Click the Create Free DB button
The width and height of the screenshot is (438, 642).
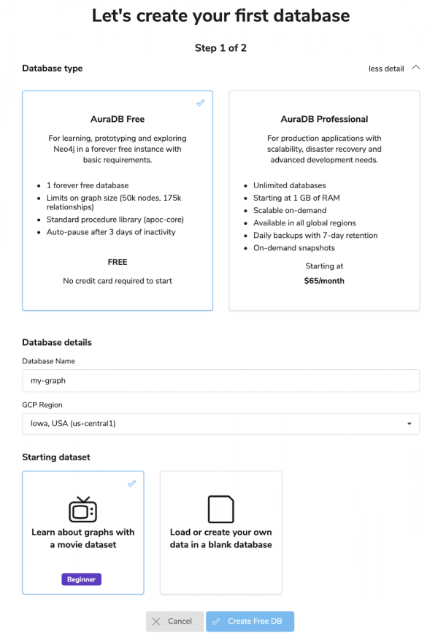click(250, 622)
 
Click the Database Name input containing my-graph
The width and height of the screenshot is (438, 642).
click(220, 380)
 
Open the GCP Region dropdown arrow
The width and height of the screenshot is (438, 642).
click(409, 424)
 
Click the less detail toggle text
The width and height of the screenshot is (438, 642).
click(385, 69)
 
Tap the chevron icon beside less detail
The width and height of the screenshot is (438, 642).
click(416, 68)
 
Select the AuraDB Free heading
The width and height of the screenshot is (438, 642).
click(118, 119)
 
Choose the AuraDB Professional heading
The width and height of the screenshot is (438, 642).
click(324, 119)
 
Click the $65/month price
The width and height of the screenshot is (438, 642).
click(324, 281)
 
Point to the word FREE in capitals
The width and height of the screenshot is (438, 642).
click(118, 262)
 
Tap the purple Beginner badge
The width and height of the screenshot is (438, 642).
click(82, 579)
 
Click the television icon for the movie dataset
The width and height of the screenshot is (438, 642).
click(82, 509)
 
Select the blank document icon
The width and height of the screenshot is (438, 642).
click(220, 509)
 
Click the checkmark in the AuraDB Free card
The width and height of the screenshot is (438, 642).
click(201, 103)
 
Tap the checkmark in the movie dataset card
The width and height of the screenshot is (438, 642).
click(131, 484)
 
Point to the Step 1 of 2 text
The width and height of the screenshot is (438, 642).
click(220, 48)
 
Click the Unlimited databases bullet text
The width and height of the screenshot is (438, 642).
click(290, 185)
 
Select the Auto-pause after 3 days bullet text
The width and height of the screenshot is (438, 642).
click(111, 232)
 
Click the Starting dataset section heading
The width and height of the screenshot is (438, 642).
click(56, 457)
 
